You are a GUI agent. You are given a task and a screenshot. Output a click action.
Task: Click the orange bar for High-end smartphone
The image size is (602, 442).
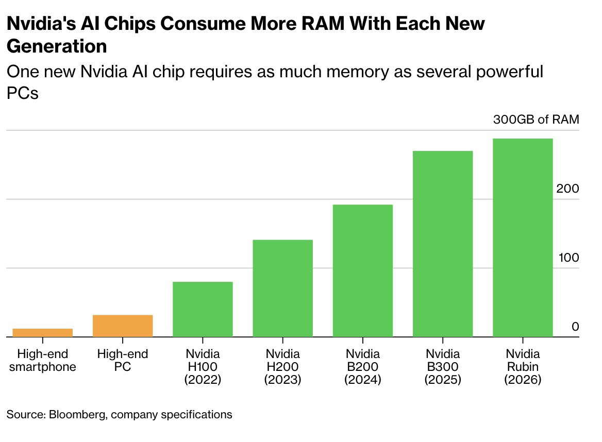43,332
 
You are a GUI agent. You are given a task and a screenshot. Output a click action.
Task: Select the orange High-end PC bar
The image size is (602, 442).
123,326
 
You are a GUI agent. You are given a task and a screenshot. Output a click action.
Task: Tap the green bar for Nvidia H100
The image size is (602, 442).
203,309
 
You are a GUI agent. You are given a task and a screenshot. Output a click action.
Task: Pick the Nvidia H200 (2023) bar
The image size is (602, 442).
282,288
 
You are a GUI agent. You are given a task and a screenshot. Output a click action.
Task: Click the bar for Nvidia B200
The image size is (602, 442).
363,270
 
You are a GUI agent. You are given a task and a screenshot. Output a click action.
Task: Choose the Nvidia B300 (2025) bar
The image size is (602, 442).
443,244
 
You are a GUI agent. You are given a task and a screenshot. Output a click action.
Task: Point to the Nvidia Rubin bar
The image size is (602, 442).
523,237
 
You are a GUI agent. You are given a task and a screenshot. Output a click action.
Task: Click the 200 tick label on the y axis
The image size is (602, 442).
567,189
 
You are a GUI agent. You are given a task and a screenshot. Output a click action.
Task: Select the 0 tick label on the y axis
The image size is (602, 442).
575,327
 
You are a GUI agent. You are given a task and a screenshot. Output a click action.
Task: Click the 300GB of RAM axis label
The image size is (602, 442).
536,120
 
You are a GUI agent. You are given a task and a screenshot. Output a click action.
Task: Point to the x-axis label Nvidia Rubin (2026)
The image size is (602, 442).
523,367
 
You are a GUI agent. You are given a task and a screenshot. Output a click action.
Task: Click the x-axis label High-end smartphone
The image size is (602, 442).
43,361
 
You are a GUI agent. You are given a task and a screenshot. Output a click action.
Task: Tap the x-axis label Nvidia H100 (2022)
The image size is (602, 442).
203,367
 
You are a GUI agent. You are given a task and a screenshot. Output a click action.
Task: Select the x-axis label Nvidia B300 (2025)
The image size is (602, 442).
443,367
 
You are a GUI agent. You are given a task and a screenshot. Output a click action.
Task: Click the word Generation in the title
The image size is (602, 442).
57,46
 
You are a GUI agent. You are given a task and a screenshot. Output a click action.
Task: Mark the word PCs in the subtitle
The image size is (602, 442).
23,94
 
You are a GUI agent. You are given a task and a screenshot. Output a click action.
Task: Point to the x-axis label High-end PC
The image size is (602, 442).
123,361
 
